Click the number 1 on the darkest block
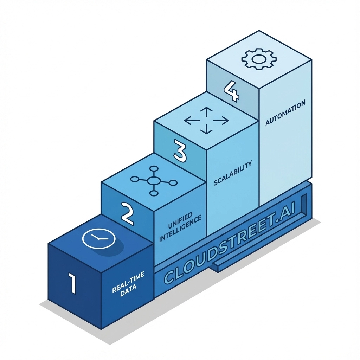[72, 284]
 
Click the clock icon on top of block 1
[98, 239]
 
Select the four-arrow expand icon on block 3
[206, 121]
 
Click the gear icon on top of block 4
[258, 59]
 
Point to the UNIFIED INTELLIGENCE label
[180, 227]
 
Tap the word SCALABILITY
[233, 173]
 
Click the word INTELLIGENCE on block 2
[180, 230]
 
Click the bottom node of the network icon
[154, 193]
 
